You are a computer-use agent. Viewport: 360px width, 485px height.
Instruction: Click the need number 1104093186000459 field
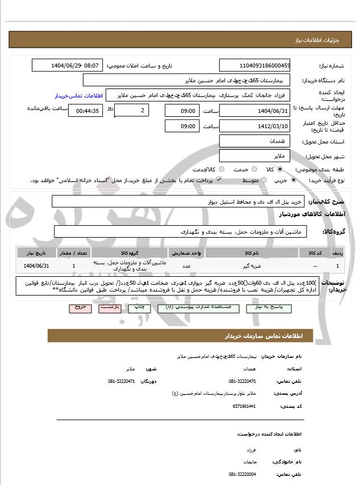254,65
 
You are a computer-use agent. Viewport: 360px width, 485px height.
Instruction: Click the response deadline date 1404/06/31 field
254,111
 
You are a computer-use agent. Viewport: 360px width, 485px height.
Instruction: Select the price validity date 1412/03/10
254,126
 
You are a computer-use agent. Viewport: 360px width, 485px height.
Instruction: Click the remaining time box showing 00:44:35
85,111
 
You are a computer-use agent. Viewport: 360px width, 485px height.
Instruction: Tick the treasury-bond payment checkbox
219,180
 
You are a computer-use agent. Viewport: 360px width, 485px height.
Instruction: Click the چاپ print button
139,307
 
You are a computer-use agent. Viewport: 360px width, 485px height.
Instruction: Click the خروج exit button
79,307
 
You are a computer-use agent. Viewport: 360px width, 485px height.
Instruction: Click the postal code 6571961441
244,406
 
